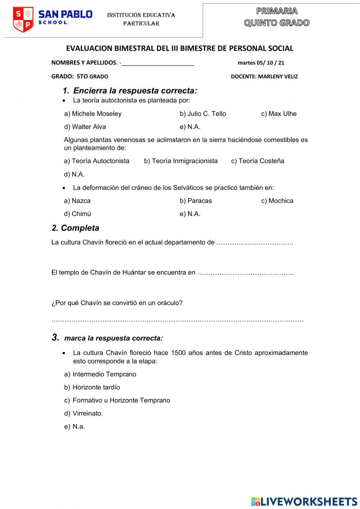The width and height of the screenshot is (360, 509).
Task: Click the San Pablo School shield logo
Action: click(x=23, y=19)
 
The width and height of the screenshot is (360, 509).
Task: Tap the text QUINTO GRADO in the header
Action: click(x=276, y=23)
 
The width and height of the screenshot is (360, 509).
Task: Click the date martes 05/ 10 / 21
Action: click(x=261, y=63)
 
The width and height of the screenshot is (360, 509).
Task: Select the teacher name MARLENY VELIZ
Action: click(x=278, y=76)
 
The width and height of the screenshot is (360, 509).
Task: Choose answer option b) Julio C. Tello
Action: click(x=203, y=114)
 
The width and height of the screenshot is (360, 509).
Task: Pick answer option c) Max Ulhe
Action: click(x=279, y=114)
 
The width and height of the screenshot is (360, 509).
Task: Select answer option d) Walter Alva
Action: click(x=85, y=127)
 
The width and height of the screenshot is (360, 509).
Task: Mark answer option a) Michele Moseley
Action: click(x=93, y=114)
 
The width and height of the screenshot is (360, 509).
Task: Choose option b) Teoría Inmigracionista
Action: click(x=181, y=161)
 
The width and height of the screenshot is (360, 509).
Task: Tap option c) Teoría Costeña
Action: click(x=257, y=161)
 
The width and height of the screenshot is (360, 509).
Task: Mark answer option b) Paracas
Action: click(x=196, y=201)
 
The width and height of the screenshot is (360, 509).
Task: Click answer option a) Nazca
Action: click(x=77, y=201)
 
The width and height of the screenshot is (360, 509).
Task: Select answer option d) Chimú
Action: click(x=77, y=214)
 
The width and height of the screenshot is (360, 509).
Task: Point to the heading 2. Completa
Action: click(x=75, y=228)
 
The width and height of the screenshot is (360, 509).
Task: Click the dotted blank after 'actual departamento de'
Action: click(x=255, y=243)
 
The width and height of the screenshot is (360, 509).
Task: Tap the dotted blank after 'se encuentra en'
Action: click(x=246, y=273)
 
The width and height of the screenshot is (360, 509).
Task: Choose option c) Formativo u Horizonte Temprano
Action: click(x=117, y=400)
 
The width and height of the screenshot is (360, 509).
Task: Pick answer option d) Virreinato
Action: click(x=84, y=414)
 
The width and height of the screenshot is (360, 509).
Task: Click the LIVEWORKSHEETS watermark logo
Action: click(x=304, y=501)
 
